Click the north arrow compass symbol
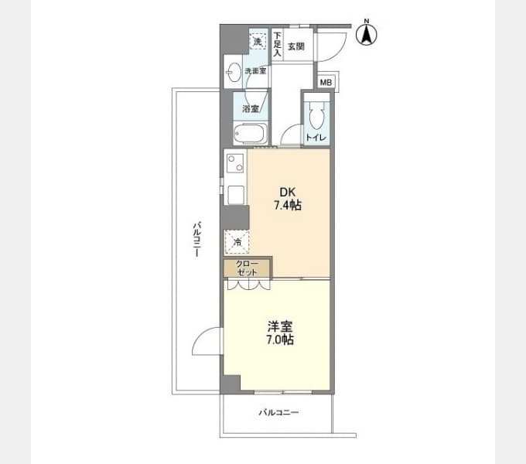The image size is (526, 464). tap(367, 32)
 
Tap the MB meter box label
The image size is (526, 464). tap(326, 82)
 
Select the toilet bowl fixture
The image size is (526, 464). tap(316, 115)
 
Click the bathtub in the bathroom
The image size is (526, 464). tap(251, 134)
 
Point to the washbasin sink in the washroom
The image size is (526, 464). tap(234, 72)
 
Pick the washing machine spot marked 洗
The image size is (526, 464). tap(258, 42)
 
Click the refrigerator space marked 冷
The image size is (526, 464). tap(237, 242)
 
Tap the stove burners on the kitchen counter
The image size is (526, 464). tap(235, 163)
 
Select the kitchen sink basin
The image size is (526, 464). tap(237, 195)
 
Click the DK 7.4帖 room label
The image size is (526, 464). tap(288, 199)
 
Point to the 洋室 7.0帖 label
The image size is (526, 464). tap(280, 333)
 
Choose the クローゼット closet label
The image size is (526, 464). tap(248, 268)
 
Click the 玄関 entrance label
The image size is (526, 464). tap(296, 46)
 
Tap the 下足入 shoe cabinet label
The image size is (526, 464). tap(277, 44)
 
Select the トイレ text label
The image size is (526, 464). tap(316, 138)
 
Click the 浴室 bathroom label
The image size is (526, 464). tap(251, 108)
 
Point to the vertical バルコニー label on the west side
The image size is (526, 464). tap(197, 239)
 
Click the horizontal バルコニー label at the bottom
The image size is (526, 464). tap(278, 412)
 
